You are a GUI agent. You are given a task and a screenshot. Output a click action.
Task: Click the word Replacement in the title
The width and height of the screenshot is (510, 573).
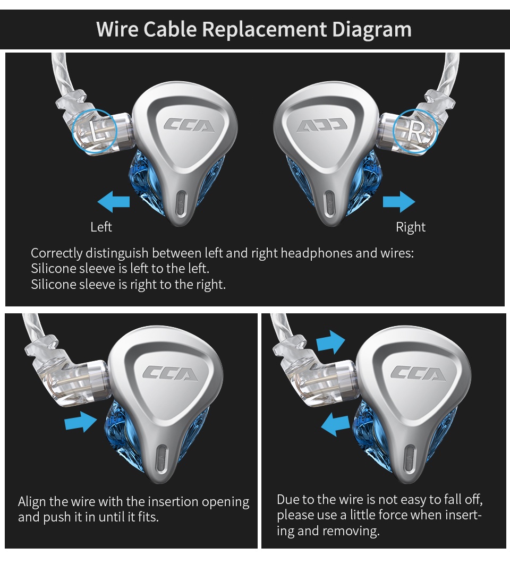[265, 29]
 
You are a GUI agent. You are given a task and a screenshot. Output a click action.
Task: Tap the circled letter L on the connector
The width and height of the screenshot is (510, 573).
[96, 131]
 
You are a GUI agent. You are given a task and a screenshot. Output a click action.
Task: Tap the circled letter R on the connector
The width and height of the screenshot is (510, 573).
[415, 131]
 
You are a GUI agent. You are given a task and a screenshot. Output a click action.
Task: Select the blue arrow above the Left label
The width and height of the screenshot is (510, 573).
[114, 202]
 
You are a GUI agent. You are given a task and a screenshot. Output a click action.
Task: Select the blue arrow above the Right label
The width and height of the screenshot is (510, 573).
[399, 202]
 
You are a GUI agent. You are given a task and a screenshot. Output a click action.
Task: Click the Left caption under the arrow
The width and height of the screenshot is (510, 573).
[101, 227]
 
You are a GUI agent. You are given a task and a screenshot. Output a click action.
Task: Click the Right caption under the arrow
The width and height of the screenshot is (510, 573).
[411, 227]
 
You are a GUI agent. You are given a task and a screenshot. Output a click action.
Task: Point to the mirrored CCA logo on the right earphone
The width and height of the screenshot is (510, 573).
[322, 125]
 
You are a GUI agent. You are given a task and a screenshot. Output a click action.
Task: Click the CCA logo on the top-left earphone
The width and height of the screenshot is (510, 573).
[189, 125]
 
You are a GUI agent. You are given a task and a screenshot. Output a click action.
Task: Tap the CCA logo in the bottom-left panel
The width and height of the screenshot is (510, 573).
[169, 373]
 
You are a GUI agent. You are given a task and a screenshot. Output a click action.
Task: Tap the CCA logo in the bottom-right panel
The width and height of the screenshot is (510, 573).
[418, 373]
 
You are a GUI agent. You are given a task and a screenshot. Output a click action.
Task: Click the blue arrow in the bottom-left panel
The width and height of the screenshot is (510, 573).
[81, 422]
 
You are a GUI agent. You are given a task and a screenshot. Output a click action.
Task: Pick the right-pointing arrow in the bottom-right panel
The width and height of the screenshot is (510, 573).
[330, 341]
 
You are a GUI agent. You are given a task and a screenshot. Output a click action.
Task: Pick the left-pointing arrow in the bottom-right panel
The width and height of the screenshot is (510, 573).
[336, 425]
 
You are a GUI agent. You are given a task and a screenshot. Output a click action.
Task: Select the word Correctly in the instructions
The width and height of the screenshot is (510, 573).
[57, 253]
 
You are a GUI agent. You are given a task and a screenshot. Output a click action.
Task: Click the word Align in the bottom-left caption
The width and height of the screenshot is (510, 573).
[32, 502]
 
